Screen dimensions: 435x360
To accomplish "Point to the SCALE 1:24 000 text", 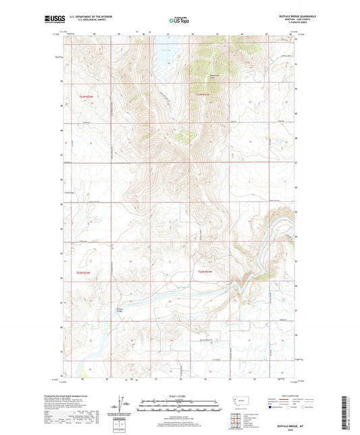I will point(180,396).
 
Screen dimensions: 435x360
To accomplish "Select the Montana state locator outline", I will point(239,401).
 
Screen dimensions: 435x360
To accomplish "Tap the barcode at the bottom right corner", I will point(353,405).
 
